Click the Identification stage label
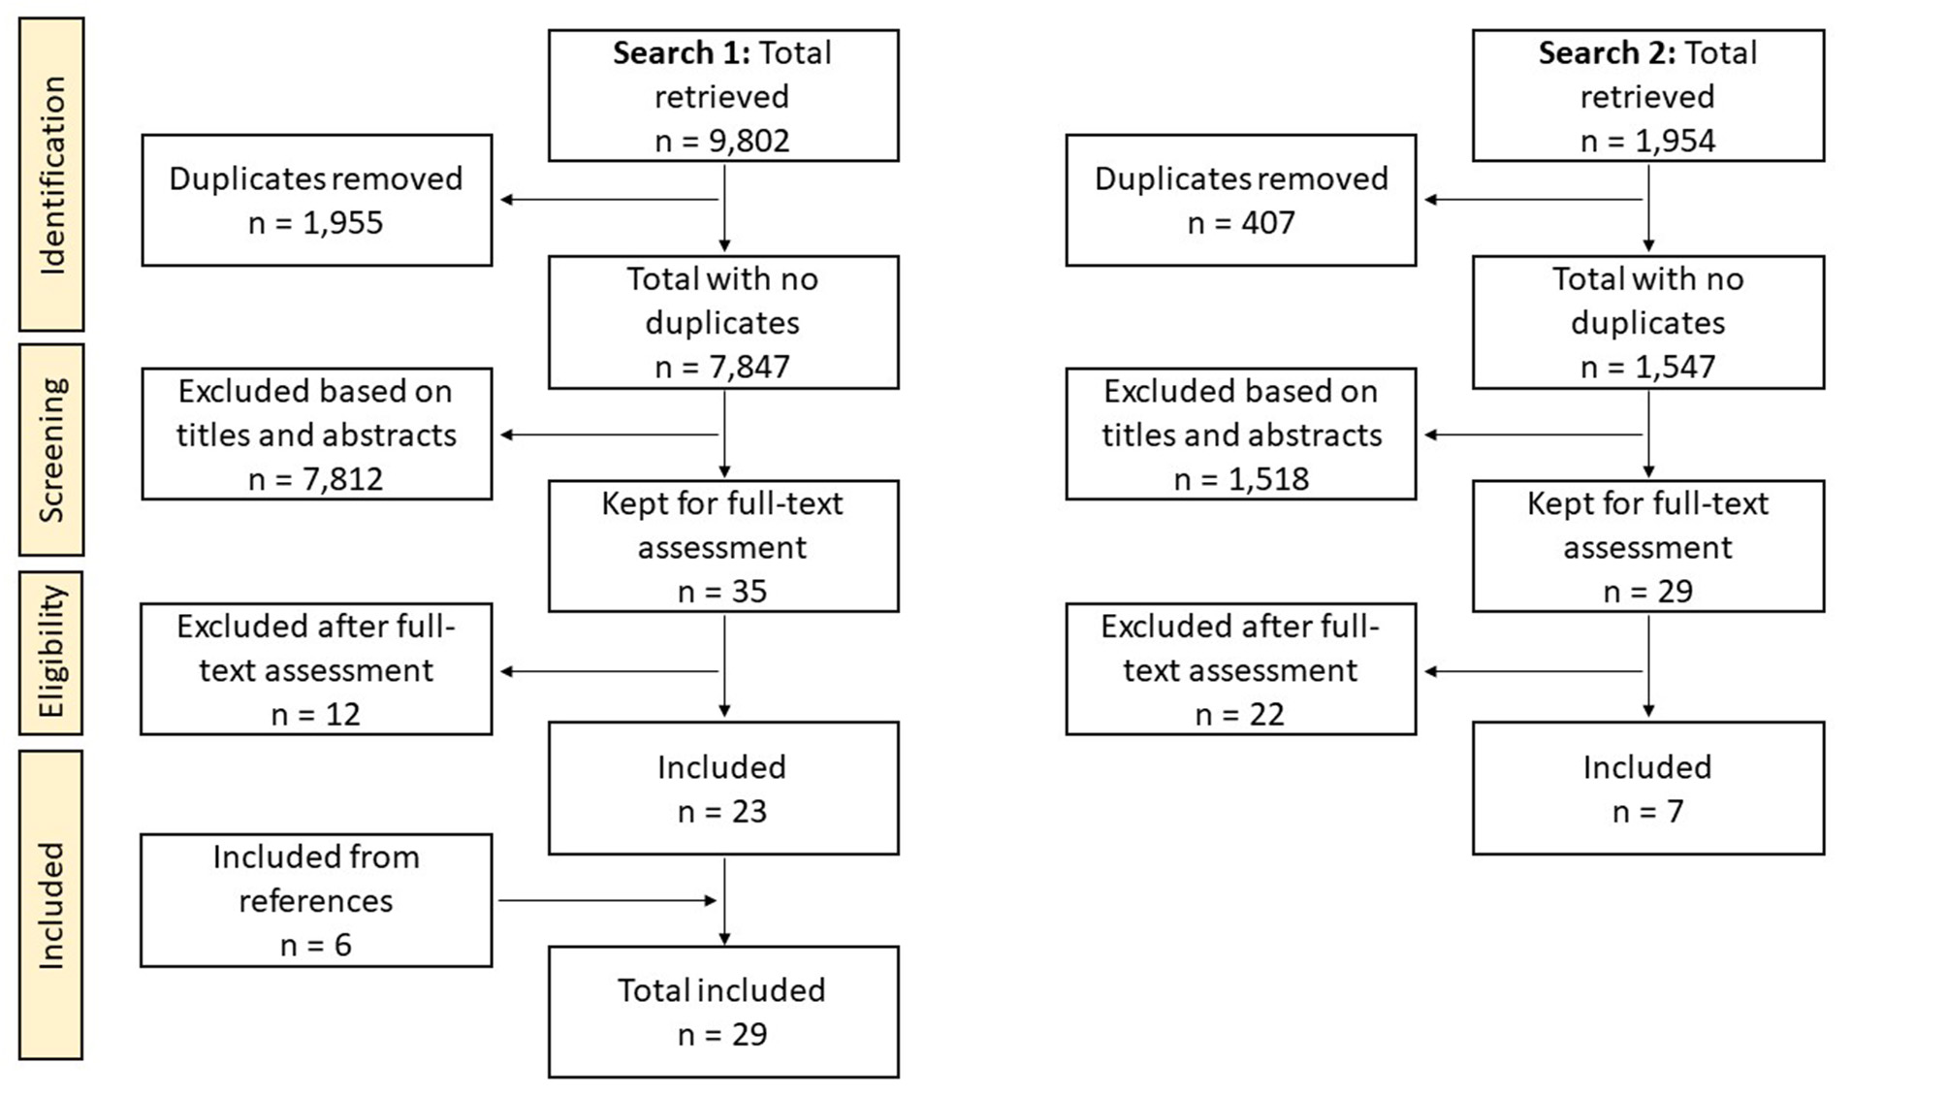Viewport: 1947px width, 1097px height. [x=51, y=175]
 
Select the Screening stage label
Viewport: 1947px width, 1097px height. [x=51, y=450]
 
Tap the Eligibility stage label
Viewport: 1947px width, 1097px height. [x=51, y=652]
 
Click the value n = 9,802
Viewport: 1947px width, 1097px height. [x=722, y=141]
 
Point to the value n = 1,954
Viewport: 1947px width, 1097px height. [x=1647, y=141]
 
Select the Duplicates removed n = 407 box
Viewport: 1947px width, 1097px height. [x=1240, y=200]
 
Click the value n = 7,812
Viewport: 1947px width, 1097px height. [x=316, y=479]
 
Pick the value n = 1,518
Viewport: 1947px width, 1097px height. [x=1241, y=479]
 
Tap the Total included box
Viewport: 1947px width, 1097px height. [x=722, y=1012]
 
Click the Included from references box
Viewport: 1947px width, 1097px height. [x=316, y=900]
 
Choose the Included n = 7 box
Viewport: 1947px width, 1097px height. [x=1647, y=788]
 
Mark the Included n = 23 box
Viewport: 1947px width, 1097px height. [x=722, y=788]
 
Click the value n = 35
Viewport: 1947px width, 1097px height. [x=722, y=591]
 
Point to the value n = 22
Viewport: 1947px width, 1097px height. [x=1239, y=715]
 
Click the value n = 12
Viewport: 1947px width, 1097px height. [x=316, y=715]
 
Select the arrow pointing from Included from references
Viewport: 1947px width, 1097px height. [x=607, y=900]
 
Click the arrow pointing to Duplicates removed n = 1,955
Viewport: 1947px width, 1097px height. [x=607, y=200]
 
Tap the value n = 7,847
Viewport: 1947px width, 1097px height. [x=722, y=367]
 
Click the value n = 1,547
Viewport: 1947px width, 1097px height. [x=1647, y=367]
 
